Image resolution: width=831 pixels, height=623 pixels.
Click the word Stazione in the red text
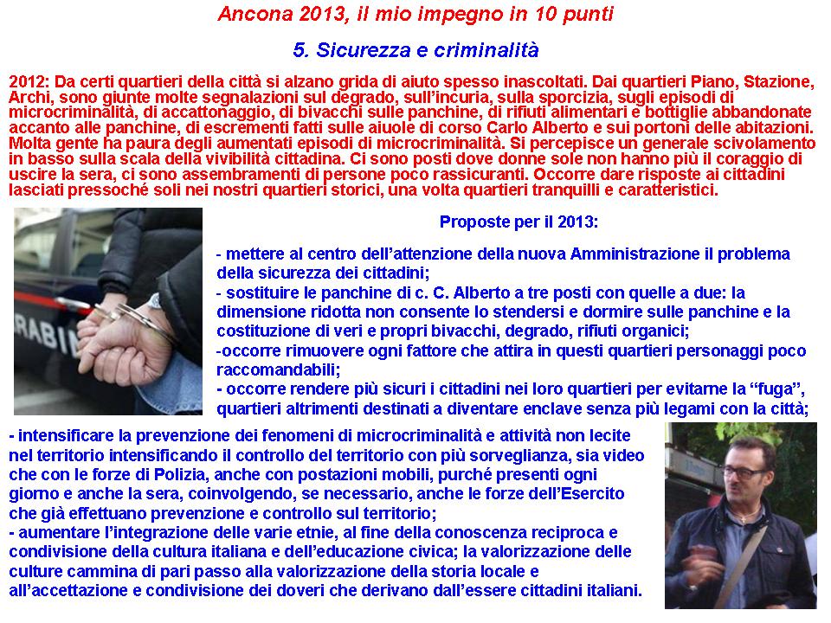pyautogui.click(x=777, y=81)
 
